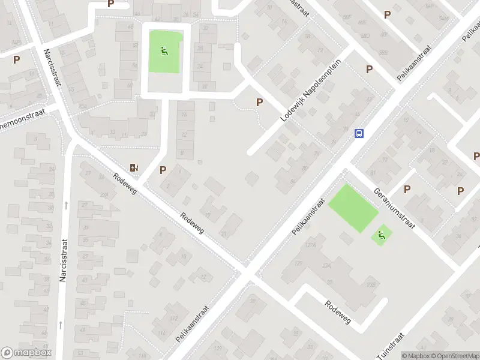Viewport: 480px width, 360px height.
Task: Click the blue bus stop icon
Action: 359,133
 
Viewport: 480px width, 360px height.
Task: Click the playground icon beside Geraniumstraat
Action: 381,235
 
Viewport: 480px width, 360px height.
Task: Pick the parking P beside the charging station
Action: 163,170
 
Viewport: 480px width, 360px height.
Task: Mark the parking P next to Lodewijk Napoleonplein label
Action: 259,102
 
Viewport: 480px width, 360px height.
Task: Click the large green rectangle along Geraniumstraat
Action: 353,208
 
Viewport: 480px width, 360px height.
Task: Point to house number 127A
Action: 310,245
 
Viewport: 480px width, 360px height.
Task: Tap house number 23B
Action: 371,285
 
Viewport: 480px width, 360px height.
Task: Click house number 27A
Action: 104,194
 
